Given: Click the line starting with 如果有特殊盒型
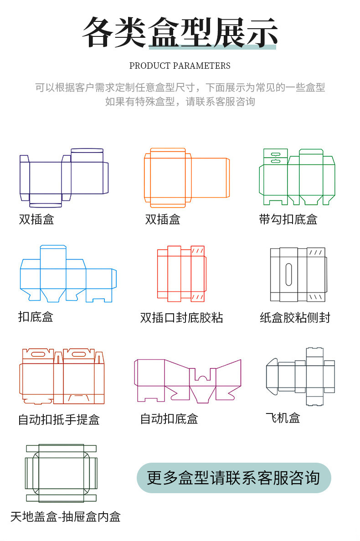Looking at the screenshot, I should coord(180,102).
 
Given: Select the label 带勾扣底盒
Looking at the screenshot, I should coord(288,219).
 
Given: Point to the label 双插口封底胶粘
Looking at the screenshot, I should coord(181,317).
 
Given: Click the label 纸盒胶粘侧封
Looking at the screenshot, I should coord(295,317).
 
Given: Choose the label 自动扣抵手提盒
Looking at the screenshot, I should coord(59,419).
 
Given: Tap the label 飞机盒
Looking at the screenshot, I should coord(283,418).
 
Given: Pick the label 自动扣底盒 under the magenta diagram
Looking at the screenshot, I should coord(169,419).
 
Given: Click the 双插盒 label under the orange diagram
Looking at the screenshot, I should coord(163,219).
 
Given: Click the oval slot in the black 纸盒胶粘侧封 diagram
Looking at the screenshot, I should coord(288,274).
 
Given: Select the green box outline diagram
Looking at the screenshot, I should coord(297,177).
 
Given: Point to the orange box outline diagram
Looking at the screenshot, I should coord(186,175).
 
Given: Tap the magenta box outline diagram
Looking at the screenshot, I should coord(187,380).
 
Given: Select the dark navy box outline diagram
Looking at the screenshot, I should coord(63,175).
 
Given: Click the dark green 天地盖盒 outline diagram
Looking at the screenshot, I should coord(61,473).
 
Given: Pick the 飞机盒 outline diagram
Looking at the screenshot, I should coord(300,376).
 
